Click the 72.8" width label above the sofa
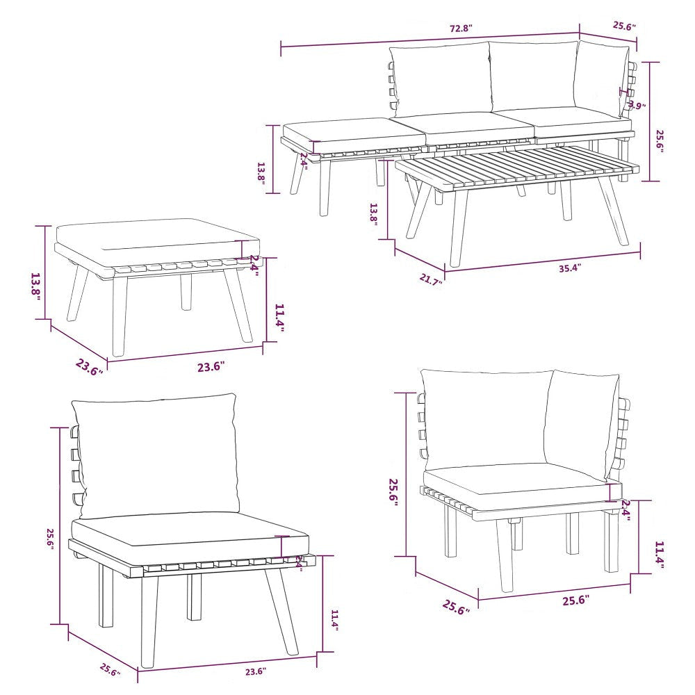point(461,29)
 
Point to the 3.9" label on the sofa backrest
point(636,106)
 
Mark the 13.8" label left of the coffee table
point(374,213)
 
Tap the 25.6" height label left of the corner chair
point(394,491)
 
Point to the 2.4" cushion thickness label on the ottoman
point(254,265)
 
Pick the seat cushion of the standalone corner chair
point(514,483)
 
